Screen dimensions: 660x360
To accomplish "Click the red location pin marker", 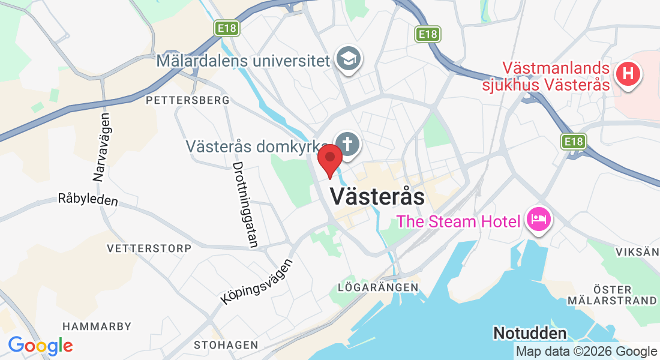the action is point(329,160).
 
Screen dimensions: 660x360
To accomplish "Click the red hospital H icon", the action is point(628,74).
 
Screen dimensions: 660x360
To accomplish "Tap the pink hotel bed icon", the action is point(538,220).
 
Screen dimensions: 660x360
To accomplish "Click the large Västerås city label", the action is point(377,196).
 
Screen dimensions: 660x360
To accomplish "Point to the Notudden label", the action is point(529,333).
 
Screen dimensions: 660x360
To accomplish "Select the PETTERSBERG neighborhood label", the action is point(188,100).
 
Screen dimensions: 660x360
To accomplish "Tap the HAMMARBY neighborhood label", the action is point(97,326).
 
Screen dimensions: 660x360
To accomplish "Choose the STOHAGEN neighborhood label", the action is point(226,345).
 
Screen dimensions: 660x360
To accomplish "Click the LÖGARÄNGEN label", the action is point(378,287).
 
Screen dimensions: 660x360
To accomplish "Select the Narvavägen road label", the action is point(101,147).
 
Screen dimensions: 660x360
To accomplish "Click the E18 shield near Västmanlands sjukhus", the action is point(574,142).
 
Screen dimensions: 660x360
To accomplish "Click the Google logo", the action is point(40,346).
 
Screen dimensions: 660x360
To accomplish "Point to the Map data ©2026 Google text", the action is point(586,352).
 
